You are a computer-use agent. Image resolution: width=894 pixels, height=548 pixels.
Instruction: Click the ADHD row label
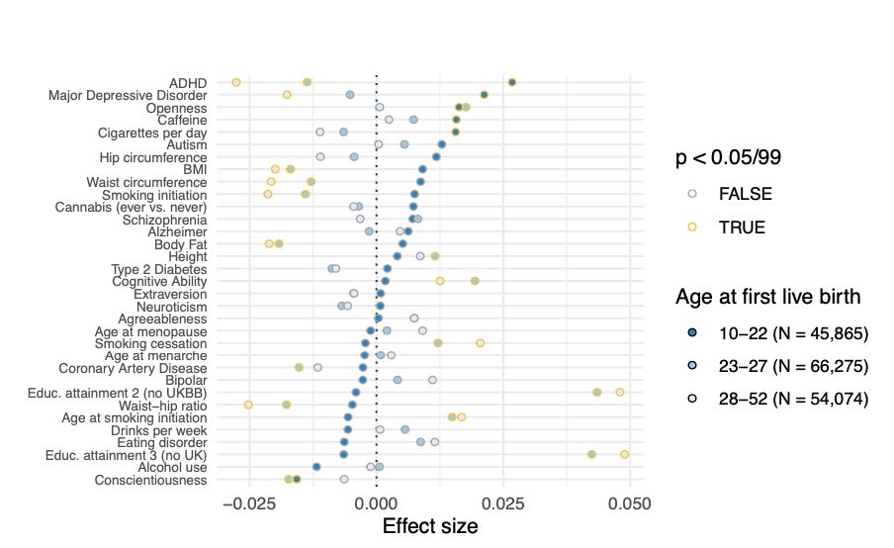click(187, 82)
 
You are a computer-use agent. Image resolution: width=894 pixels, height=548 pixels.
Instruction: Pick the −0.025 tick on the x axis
click(247, 503)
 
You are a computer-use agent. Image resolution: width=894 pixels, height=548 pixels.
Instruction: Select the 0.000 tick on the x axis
click(376, 503)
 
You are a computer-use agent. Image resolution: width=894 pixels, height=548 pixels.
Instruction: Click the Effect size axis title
click(429, 526)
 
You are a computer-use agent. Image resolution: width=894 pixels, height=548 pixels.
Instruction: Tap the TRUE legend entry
click(741, 227)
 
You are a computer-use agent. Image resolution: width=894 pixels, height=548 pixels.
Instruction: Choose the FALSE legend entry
click(746, 194)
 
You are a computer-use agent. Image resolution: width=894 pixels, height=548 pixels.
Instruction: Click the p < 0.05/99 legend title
click(733, 158)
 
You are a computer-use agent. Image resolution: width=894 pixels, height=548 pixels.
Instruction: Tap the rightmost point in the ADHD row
click(511, 82)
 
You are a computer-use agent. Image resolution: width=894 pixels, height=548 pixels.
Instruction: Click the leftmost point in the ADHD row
click(236, 82)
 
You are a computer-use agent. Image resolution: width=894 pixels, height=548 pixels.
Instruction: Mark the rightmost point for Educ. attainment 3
click(625, 454)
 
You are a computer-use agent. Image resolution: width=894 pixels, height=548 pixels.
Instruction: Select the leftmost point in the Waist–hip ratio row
click(248, 405)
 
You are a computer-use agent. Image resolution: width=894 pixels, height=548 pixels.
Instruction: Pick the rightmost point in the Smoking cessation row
click(481, 343)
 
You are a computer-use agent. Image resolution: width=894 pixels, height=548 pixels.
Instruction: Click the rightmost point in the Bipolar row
click(432, 380)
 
